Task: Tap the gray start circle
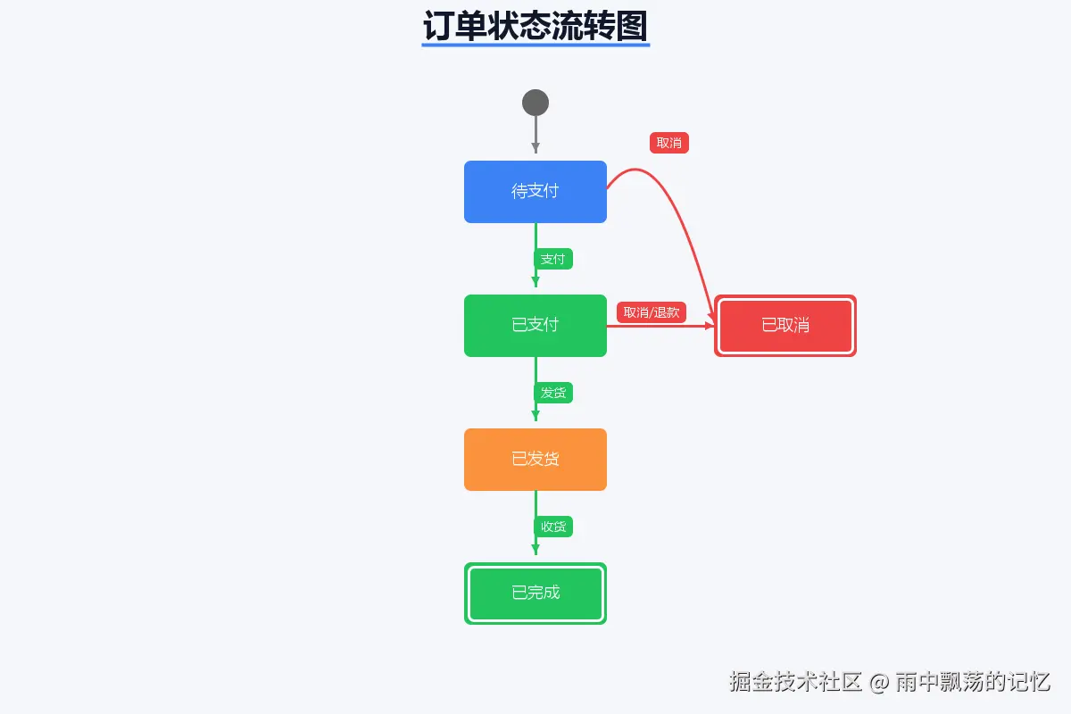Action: [x=535, y=103]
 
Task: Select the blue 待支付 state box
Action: [x=535, y=191]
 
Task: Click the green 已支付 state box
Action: [x=535, y=325]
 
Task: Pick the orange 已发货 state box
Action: [x=535, y=459]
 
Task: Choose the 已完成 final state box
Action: [x=535, y=593]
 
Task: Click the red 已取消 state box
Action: [x=785, y=325]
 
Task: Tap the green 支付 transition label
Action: [x=553, y=259]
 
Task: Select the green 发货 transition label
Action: [x=553, y=393]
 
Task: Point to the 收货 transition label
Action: [x=553, y=527]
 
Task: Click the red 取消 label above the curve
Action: [x=669, y=143]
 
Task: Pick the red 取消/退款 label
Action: [x=652, y=312]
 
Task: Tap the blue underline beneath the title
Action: [x=535, y=45]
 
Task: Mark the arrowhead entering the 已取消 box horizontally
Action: [x=710, y=326]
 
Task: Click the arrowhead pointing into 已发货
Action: [x=535, y=415]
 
